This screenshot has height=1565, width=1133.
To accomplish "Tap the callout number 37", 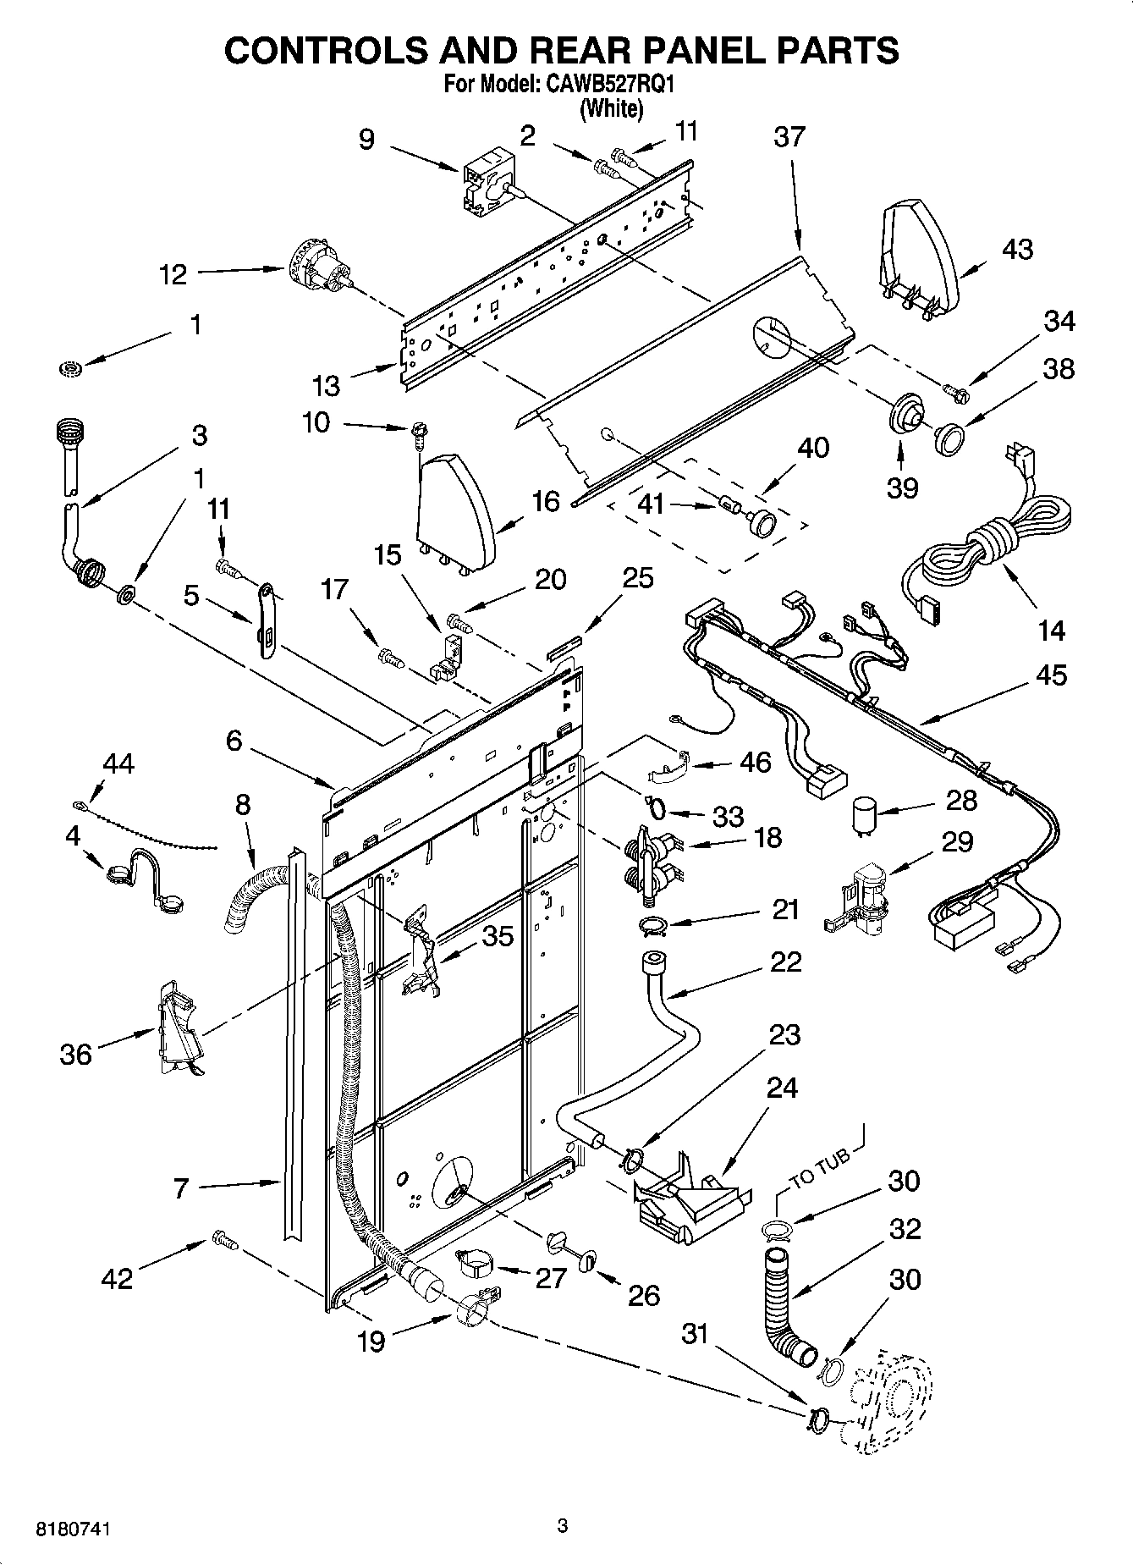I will [x=789, y=137].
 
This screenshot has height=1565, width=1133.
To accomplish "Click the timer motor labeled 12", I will [x=317, y=267].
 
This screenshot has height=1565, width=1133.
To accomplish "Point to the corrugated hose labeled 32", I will [x=783, y=1303].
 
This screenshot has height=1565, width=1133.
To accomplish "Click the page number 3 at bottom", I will [x=562, y=1527].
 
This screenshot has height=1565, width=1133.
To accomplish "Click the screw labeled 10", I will [x=418, y=434].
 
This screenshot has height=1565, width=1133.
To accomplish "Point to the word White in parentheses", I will [x=611, y=108].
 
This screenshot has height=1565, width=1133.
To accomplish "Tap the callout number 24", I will [x=780, y=1088].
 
